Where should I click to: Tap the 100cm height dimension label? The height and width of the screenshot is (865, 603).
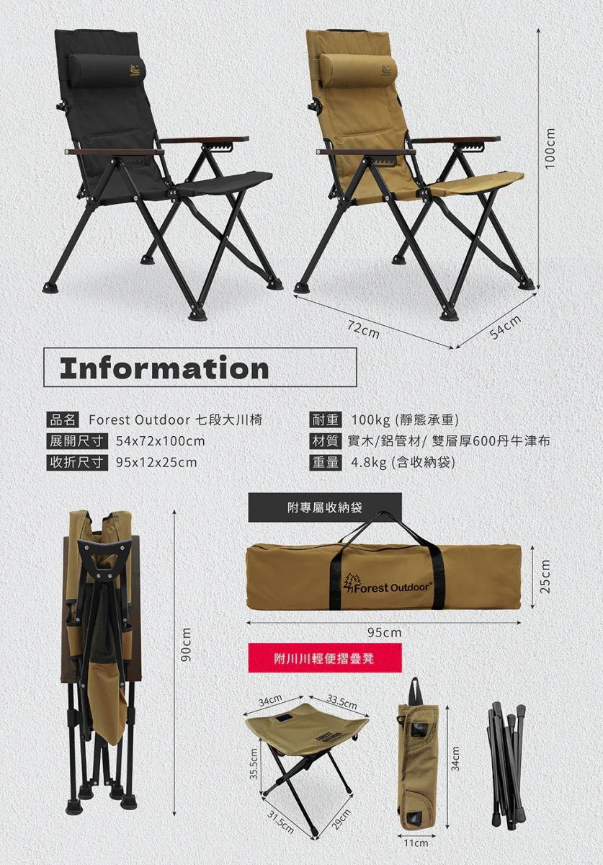click(550, 148)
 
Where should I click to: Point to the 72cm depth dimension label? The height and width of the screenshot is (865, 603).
click(363, 330)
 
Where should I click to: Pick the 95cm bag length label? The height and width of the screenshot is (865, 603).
click(385, 633)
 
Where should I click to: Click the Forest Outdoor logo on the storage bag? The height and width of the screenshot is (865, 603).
click(388, 585)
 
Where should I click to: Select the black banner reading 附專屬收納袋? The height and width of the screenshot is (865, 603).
click(325, 507)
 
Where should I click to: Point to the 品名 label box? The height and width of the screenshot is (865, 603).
click(63, 420)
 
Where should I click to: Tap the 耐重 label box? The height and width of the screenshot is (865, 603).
click(326, 420)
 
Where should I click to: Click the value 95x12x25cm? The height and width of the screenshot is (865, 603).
click(156, 463)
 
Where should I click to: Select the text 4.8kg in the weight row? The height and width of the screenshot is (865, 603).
click(369, 463)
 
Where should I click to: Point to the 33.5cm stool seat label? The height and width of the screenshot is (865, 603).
click(341, 702)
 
